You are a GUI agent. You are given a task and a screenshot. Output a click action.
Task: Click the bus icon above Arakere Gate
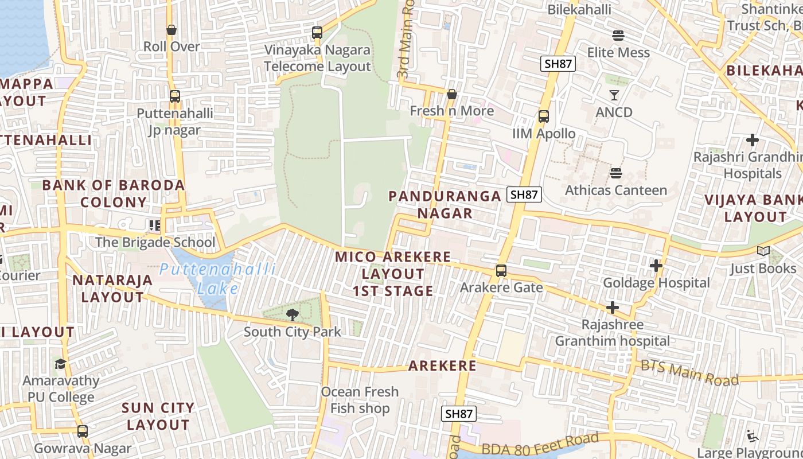501,270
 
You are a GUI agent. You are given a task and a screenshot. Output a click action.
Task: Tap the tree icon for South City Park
293,314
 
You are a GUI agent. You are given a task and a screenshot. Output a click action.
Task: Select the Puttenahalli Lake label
218,278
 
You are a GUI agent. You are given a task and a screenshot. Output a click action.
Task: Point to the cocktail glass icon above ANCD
614,95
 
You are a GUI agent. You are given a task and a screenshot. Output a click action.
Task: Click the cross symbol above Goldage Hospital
656,266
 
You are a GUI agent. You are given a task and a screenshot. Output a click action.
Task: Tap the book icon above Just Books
763,251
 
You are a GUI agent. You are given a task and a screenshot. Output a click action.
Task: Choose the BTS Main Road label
689,373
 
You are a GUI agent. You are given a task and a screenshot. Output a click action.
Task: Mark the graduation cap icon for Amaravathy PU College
60,364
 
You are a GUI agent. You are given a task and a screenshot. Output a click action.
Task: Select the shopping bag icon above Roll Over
171,30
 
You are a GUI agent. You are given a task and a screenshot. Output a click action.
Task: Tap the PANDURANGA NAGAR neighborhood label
445,205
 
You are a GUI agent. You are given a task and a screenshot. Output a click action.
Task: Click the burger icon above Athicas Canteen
616,173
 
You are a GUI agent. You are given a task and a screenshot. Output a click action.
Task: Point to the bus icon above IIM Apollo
543,116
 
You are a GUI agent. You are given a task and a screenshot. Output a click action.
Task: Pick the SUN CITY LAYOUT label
158,417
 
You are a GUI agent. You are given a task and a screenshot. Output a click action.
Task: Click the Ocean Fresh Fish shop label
360,400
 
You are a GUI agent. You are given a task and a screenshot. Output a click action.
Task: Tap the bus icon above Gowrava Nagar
83,431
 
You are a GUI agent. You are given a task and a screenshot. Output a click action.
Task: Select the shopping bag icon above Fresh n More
452,94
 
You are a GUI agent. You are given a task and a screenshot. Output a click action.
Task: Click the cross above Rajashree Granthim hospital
612,308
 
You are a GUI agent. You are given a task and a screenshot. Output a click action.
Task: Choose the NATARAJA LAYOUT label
112,289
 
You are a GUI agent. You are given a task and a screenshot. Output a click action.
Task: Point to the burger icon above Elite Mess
618,36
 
